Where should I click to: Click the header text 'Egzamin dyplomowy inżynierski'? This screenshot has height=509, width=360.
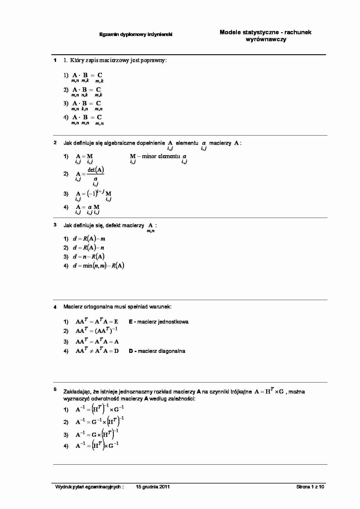click(x=136, y=35)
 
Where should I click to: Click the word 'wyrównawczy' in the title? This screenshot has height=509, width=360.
click(x=266, y=39)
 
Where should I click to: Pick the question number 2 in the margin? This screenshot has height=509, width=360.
click(x=55, y=143)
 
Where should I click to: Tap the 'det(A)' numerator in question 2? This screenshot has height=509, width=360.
click(x=96, y=170)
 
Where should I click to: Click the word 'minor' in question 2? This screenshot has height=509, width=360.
click(x=149, y=156)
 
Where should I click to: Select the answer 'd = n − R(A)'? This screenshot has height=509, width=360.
click(x=89, y=257)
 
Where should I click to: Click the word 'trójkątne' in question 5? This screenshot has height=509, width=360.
click(x=241, y=392)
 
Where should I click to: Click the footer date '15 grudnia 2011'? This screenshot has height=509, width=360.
click(x=153, y=487)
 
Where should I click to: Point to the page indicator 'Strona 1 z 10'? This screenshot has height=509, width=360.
click(x=310, y=487)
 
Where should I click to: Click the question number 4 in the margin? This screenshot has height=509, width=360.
click(x=55, y=307)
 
